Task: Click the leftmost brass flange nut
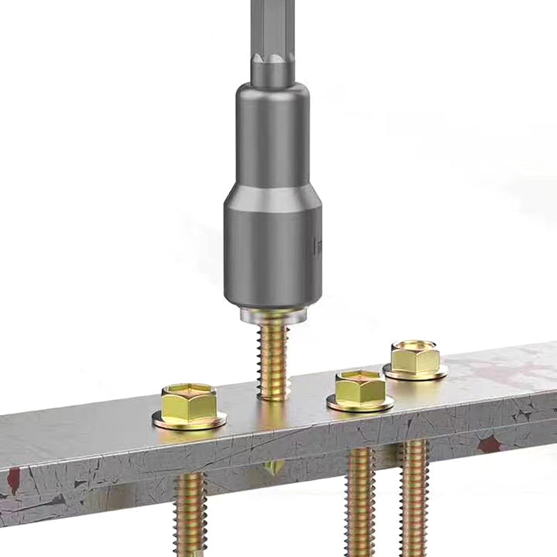coord(189,405)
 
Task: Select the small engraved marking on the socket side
coord(317,244)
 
